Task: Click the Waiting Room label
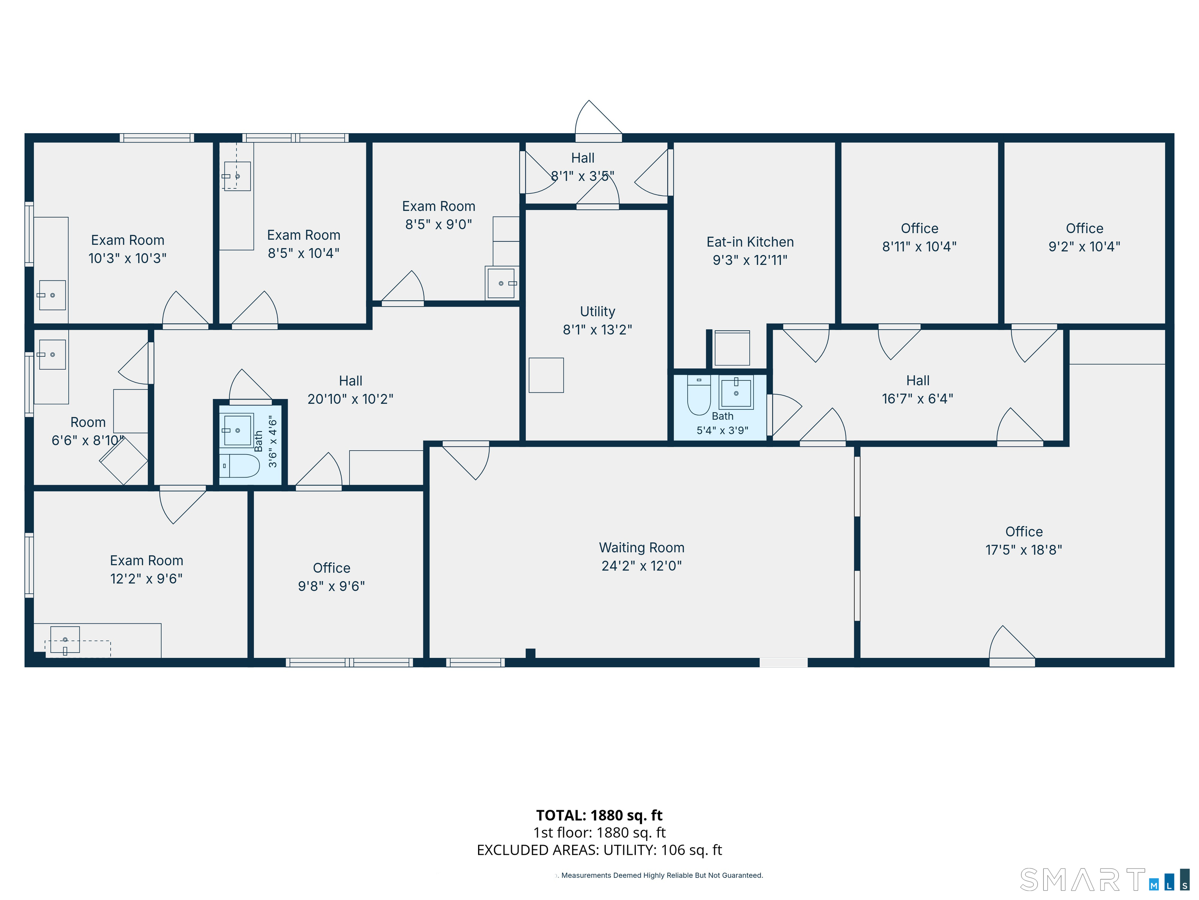(641, 547)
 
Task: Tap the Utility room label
(597, 311)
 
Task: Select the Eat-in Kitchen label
(750, 242)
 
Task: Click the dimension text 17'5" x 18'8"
(1023, 550)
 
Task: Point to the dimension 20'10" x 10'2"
(350, 399)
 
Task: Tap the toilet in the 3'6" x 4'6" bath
(240, 466)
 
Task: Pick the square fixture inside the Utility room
(546, 375)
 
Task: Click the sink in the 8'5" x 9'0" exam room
(502, 283)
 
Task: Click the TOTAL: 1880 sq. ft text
(599, 815)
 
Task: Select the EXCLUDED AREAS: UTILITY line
(599, 850)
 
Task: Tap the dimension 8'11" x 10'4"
(919, 246)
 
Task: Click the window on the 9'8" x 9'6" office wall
(350, 662)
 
